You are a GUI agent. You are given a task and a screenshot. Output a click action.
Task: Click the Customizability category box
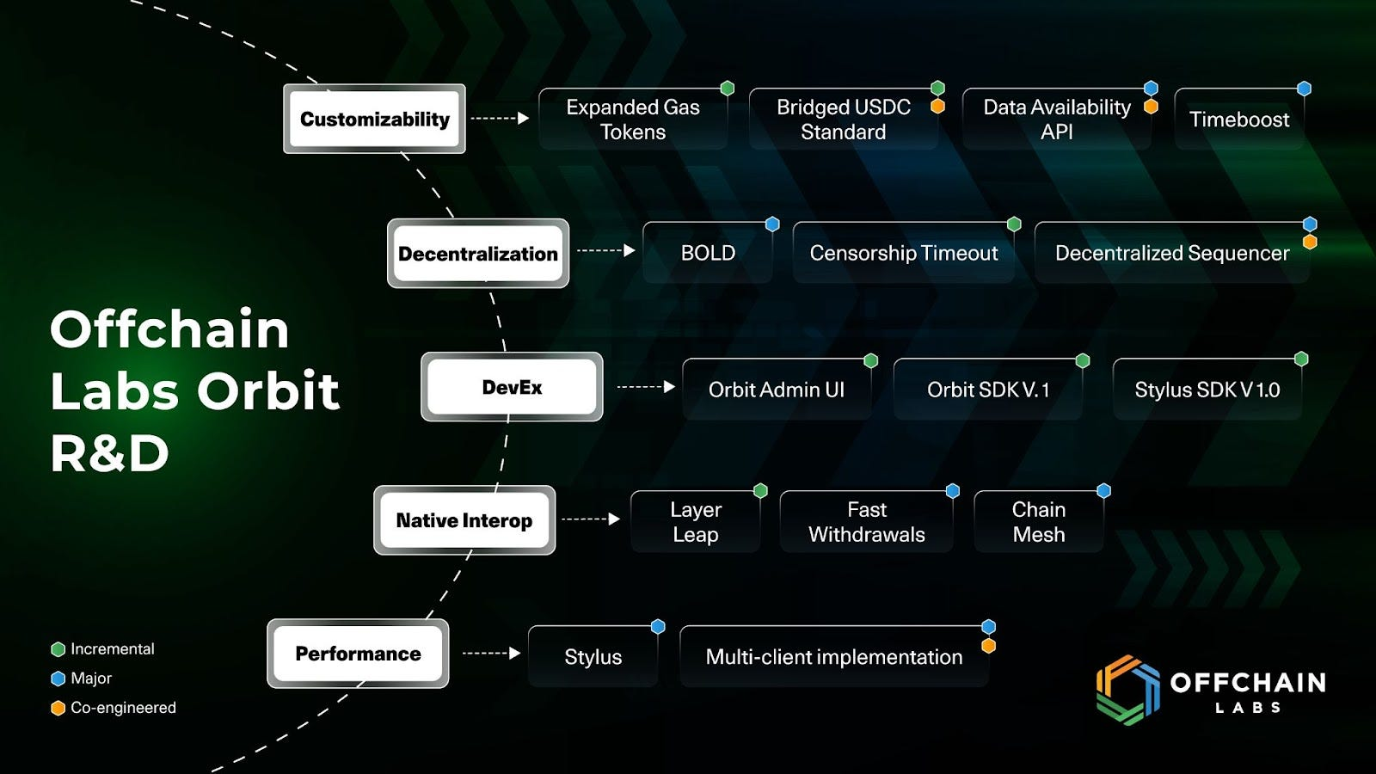coord(374,119)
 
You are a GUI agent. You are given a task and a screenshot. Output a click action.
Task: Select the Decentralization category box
coord(478,253)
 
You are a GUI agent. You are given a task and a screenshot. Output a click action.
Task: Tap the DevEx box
coord(512,387)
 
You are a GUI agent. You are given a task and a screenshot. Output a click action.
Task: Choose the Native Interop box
coord(464,520)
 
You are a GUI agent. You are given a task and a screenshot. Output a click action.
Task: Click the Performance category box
coord(358,654)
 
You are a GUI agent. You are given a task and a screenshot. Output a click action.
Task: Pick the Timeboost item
coord(1239,120)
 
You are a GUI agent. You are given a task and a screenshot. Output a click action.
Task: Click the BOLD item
coord(708,253)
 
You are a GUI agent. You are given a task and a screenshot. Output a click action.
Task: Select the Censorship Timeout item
coord(904,253)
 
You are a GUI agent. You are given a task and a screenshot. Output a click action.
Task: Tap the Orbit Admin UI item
coord(777,390)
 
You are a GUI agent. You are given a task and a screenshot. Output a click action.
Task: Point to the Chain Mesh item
coord(1039,521)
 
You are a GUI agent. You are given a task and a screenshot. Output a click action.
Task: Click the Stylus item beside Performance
coord(593,657)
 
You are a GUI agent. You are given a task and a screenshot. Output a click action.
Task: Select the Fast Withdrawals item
coord(866,521)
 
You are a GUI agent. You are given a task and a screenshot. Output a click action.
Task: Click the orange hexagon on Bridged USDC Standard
coord(937,107)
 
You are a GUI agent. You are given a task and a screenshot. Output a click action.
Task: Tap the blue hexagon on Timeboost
coord(1304,89)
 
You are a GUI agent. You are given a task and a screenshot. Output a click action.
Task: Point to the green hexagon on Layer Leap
coord(760,490)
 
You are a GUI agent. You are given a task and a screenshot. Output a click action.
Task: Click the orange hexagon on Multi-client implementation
coord(988,646)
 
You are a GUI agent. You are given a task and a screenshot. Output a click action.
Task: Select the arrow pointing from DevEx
coord(646,387)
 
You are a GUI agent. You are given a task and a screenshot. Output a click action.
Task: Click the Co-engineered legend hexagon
coord(58,709)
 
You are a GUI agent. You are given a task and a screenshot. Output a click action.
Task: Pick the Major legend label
coord(91,679)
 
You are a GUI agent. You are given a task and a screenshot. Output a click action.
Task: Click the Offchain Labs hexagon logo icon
coord(1128,690)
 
